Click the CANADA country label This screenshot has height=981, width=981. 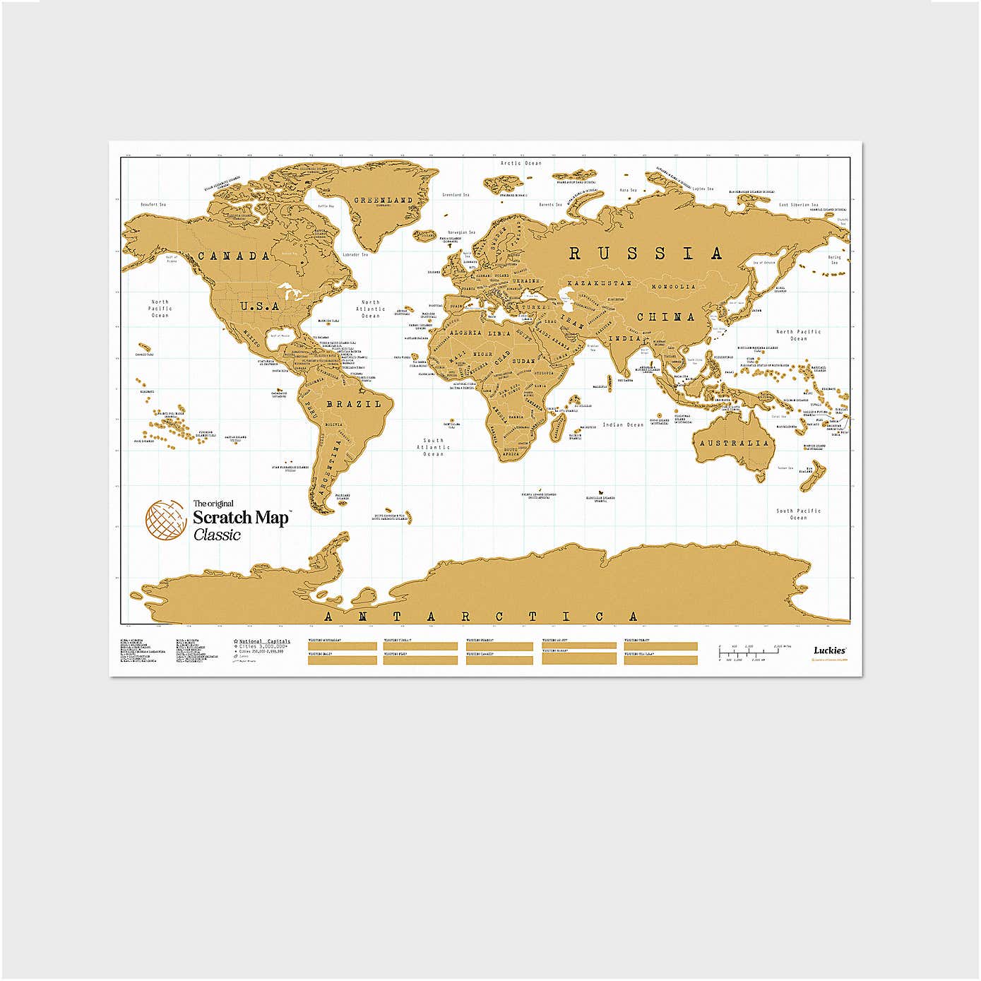pyautogui.click(x=234, y=256)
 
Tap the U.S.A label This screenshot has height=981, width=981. pyautogui.click(x=259, y=307)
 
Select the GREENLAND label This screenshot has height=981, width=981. pyautogui.click(x=383, y=201)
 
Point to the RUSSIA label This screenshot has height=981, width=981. pyautogui.click(x=646, y=253)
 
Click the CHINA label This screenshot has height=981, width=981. pyautogui.click(x=666, y=317)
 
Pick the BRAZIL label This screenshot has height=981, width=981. pyautogui.click(x=353, y=404)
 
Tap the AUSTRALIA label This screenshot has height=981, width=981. pyautogui.click(x=735, y=443)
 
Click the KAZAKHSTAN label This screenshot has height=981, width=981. pyautogui.click(x=600, y=283)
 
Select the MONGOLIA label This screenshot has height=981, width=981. pyautogui.click(x=673, y=287)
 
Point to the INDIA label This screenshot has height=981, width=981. pyautogui.click(x=624, y=338)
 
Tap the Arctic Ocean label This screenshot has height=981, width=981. pyautogui.click(x=521, y=163)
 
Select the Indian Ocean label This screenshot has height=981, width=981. pyautogui.click(x=623, y=424)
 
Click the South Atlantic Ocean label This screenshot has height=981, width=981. pyautogui.click(x=433, y=447)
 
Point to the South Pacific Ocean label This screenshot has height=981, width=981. pyautogui.click(x=799, y=514)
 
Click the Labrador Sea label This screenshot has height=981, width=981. pyautogui.click(x=355, y=255)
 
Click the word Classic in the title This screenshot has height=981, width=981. pyautogui.click(x=217, y=535)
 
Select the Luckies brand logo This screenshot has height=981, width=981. pyautogui.click(x=829, y=650)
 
